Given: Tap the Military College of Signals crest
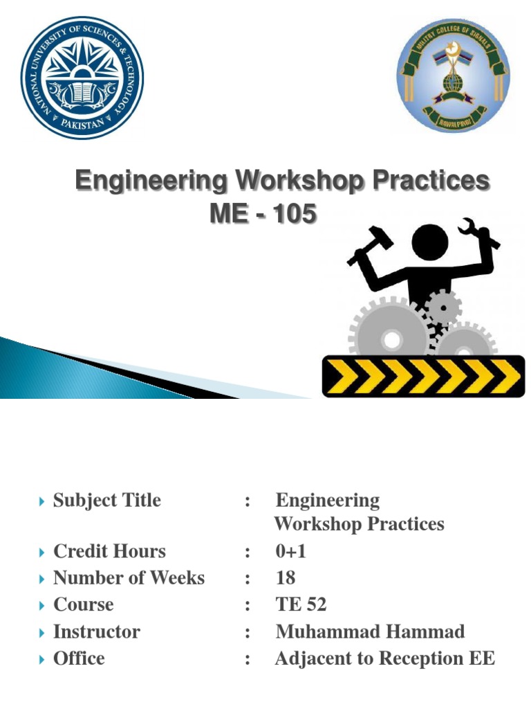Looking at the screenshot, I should pos(453,76).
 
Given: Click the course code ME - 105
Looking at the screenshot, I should pos(263,215).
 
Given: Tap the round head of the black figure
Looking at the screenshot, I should pos(431,242).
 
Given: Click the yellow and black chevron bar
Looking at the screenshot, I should pos(424,375).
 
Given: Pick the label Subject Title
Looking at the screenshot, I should pos(107,500).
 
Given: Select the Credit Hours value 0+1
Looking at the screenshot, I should pos(290,551).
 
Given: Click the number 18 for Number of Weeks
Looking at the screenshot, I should pos(286,577).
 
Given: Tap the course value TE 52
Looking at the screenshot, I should pos(301,604).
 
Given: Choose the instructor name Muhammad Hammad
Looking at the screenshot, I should pos(370,631).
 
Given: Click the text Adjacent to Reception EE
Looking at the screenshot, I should pos(384,658).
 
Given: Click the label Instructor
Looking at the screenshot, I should pos(97,631).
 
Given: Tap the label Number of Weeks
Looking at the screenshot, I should pos(129,577).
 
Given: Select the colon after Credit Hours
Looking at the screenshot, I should pos(247,552).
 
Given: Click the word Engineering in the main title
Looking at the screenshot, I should pos(151,181).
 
